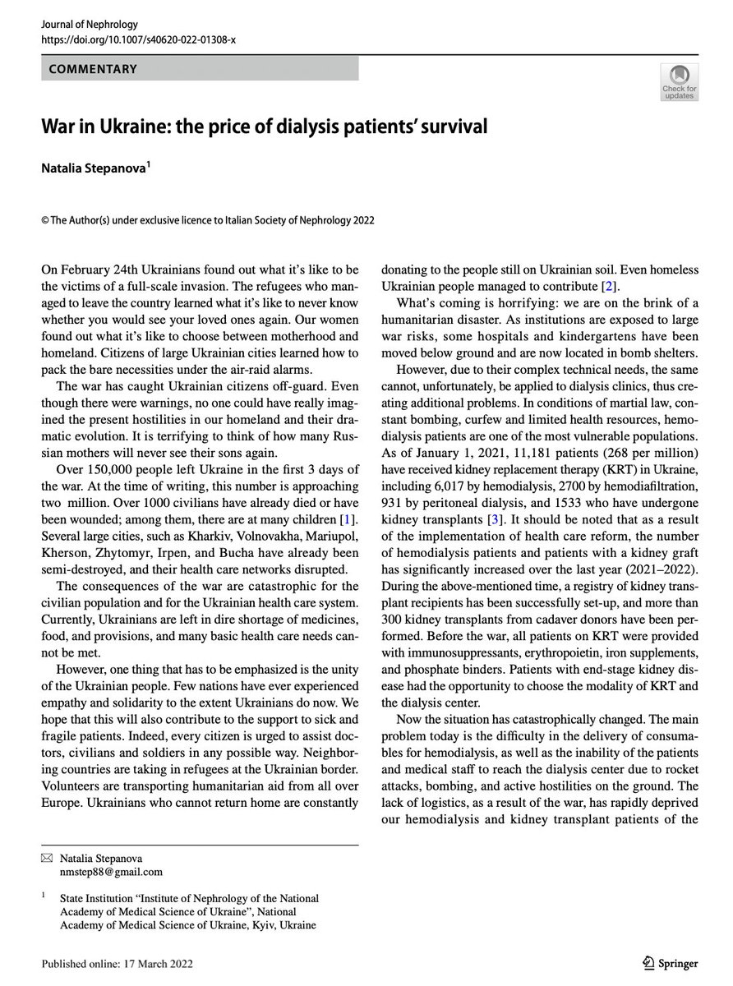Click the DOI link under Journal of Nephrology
tap(138, 39)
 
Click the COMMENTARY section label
tap(93, 70)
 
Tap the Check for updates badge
tap(679, 83)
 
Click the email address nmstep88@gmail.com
tap(110, 871)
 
